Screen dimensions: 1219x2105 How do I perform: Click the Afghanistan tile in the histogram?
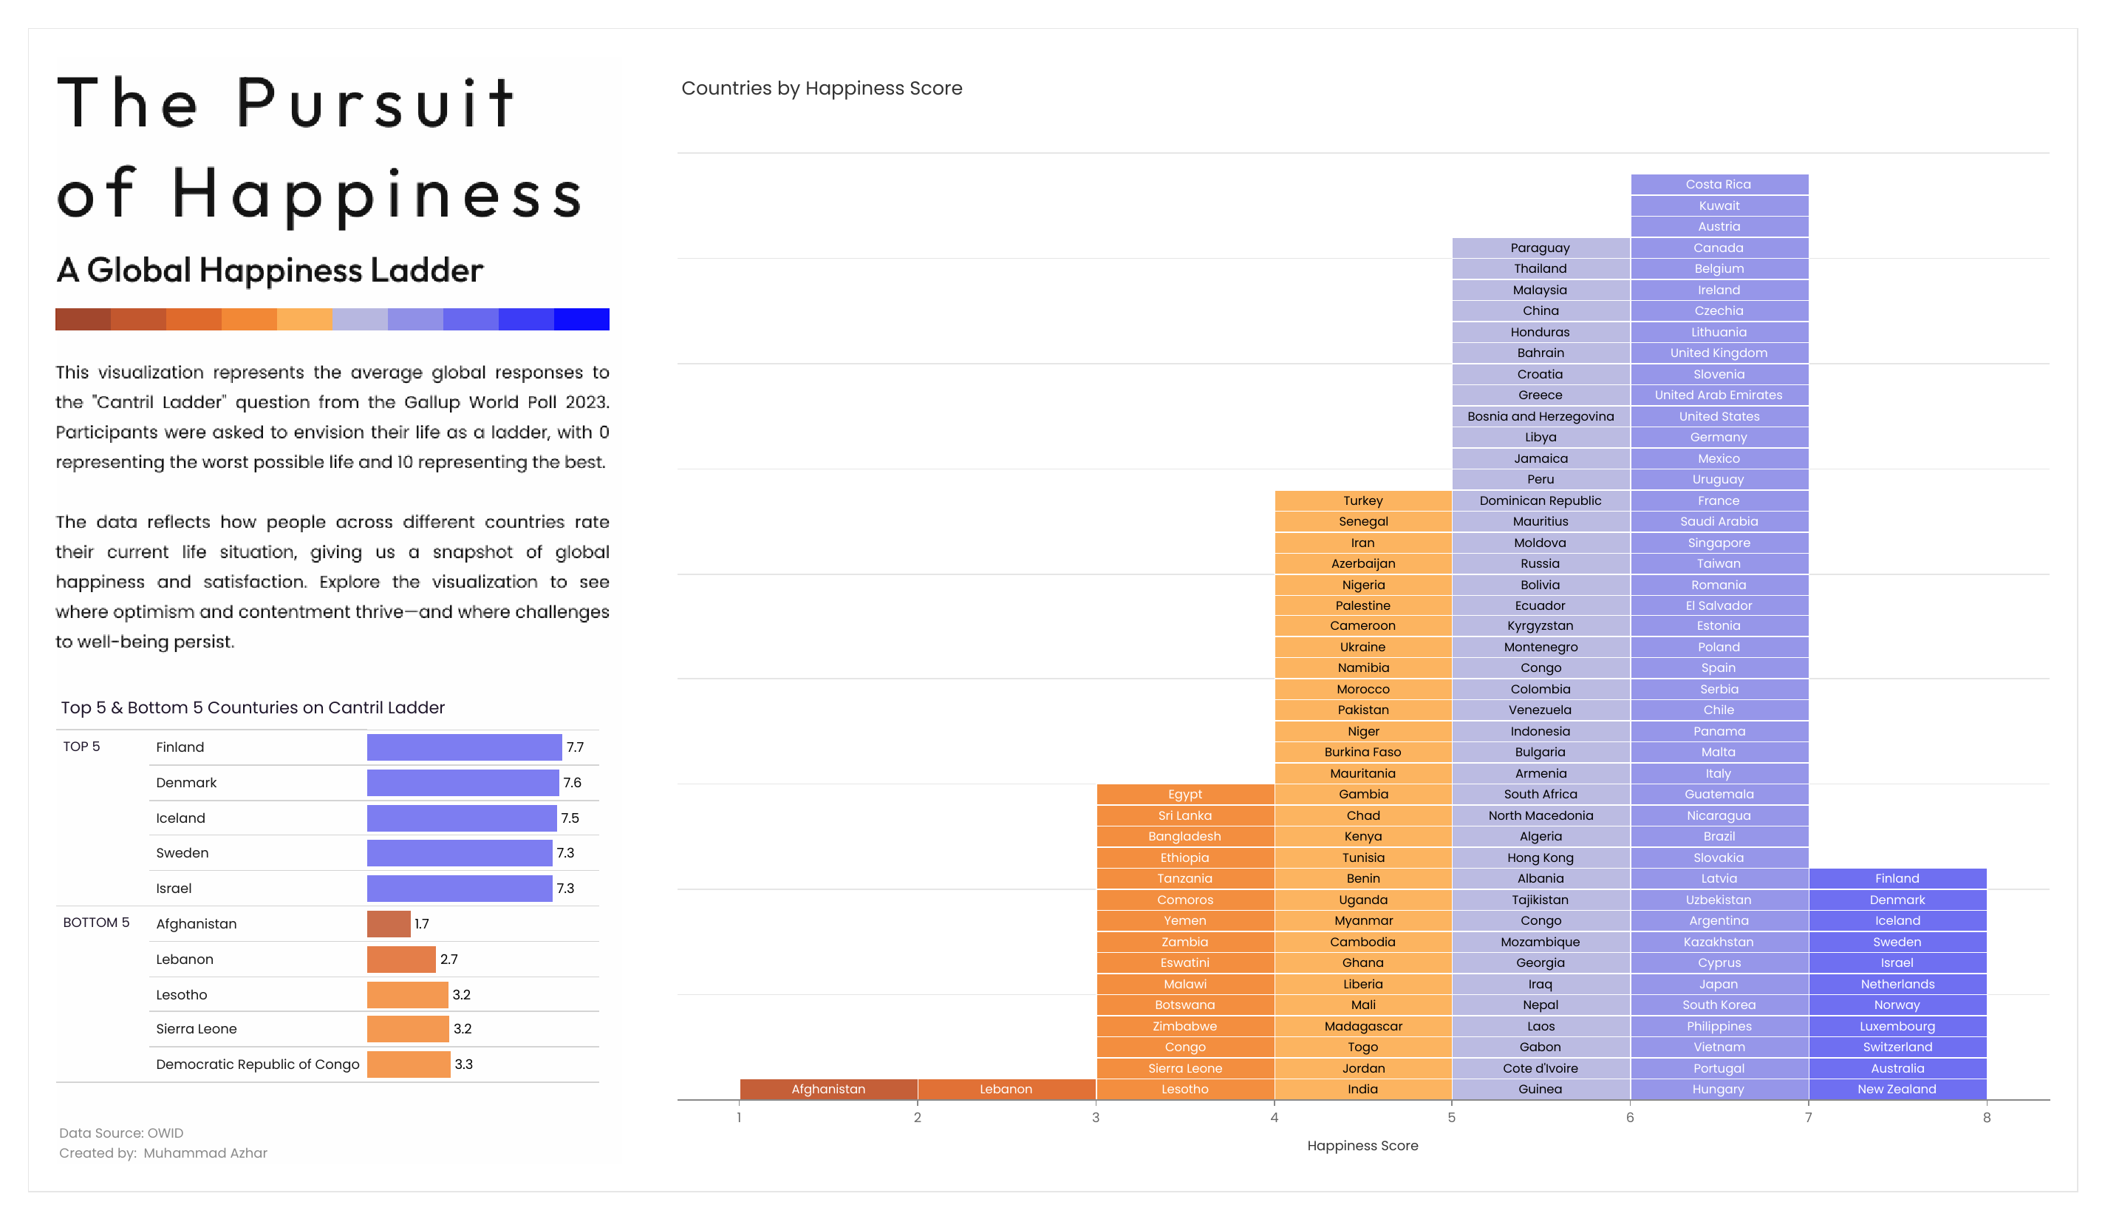coord(828,1089)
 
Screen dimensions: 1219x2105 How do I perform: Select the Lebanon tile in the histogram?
coord(1006,1089)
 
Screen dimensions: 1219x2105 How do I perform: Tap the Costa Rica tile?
coord(1719,184)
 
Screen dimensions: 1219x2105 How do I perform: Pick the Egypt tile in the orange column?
coord(1184,794)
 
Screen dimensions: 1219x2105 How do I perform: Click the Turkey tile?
coord(1362,500)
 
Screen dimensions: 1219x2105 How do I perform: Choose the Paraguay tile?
coord(1540,248)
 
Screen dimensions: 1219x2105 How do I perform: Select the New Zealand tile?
coord(1896,1089)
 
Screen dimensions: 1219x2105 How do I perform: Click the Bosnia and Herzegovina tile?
coord(1540,416)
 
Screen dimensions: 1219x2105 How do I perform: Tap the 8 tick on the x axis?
coord(1986,1117)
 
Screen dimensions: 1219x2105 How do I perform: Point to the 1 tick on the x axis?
coord(740,1117)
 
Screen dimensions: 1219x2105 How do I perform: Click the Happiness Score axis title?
coord(1362,1146)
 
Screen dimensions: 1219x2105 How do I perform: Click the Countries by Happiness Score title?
coord(821,89)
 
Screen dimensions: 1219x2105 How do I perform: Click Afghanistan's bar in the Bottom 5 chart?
coord(389,923)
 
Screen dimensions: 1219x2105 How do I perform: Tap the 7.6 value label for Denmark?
coord(572,783)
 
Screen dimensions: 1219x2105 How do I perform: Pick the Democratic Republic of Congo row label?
coord(257,1064)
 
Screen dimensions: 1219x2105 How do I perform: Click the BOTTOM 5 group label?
coord(96,923)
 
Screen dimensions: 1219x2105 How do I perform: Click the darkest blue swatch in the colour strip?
coord(581,319)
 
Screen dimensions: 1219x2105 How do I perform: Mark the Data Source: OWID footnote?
coord(121,1133)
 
